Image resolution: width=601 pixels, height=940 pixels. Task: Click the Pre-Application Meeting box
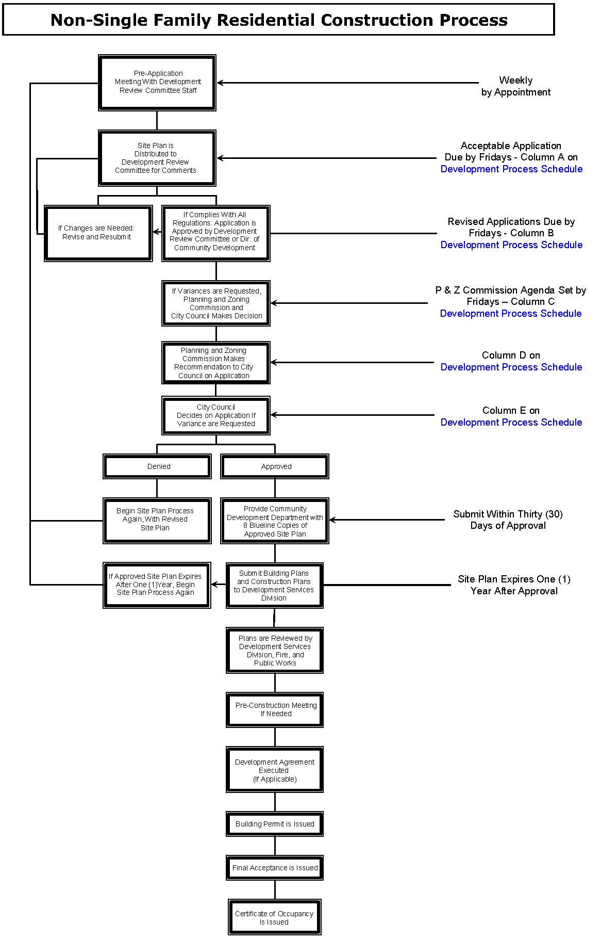(157, 83)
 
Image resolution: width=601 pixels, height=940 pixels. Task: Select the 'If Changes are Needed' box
(98, 233)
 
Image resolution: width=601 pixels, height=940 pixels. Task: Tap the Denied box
(157, 466)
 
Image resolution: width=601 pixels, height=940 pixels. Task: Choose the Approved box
(275, 466)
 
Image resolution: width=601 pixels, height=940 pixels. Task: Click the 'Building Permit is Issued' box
(275, 824)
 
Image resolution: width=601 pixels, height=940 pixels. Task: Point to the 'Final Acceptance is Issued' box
(275, 868)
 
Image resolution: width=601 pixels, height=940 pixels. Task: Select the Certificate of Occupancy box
(275, 917)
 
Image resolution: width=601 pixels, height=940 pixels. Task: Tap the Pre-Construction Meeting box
(275, 710)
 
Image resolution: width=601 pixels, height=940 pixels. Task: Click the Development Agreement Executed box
(275, 770)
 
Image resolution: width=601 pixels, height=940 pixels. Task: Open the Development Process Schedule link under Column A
(511, 169)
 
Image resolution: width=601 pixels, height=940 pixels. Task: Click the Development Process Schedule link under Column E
(511, 423)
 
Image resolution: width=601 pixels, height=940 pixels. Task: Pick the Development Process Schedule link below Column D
(511, 367)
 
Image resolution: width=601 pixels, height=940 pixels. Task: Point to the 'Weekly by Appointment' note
(516, 86)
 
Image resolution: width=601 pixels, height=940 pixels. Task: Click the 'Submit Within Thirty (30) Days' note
(508, 520)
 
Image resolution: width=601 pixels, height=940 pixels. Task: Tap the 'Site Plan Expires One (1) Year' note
(514, 585)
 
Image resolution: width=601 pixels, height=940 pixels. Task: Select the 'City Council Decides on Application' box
(216, 415)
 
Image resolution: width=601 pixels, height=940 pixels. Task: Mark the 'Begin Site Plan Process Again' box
(157, 520)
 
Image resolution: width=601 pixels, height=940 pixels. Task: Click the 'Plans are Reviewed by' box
(275, 651)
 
